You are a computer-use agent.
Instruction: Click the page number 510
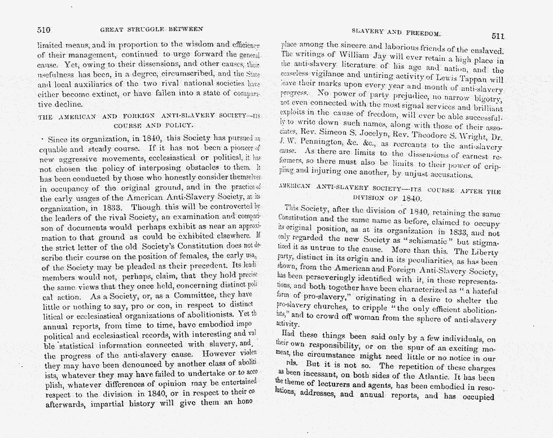click(44, 29)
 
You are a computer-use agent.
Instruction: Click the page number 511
click(497, 36)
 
